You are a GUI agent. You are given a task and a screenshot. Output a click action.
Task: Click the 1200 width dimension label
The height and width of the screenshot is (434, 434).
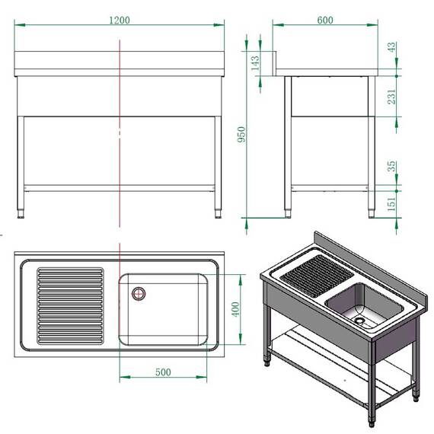click(119, 21)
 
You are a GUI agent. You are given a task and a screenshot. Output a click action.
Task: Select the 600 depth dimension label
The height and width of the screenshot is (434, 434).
click(325, 21)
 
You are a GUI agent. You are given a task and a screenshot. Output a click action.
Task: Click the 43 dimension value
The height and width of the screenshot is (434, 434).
click(392, 48)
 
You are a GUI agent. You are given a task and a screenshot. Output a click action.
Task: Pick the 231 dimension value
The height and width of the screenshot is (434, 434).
click(392, 96)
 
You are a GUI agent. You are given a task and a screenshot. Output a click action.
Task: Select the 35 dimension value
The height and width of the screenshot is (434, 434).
click(392, 167)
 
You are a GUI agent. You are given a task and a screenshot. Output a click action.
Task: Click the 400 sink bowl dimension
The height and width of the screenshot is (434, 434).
click(235, 309)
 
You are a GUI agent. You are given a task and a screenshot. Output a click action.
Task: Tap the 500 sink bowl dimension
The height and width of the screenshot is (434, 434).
click(162, 372)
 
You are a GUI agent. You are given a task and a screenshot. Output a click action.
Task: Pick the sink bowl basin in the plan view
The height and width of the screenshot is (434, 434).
click(164, 308)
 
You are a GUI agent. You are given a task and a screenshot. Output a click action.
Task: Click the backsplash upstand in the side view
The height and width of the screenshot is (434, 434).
click(279, 62)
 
